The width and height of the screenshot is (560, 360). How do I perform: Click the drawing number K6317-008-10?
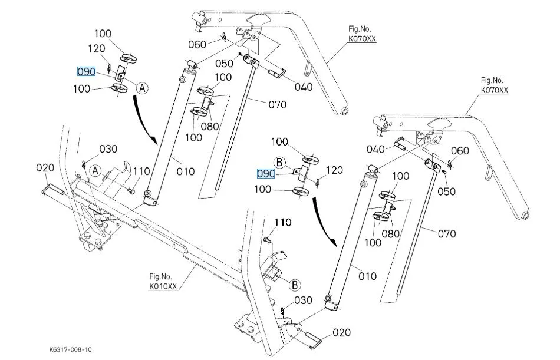tap(70, 349)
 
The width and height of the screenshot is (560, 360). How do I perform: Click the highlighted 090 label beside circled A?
tap(86, 72)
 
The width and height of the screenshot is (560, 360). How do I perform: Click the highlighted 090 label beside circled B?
tap(266, 174)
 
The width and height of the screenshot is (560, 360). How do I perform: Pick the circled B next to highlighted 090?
tap(280, 161)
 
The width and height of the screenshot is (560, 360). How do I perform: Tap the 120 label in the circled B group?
tap(334, 171)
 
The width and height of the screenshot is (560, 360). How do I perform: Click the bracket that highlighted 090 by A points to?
tap(120, 74)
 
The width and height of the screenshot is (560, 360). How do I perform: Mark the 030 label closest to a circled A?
tap(108, 148)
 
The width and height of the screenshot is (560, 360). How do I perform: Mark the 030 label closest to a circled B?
tap(304, 300)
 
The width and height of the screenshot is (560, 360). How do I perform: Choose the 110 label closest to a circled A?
tap(141, 171)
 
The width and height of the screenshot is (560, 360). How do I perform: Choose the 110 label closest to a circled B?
tap(283, 222)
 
